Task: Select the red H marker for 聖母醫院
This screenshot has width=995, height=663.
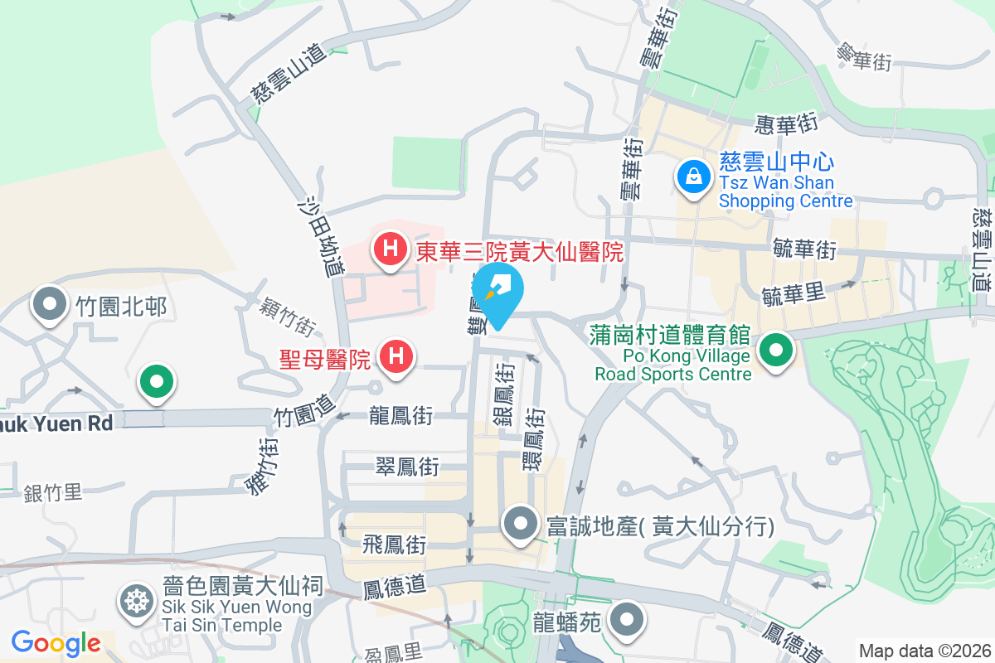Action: click(396, 358)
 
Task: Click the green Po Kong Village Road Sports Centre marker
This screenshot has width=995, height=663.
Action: click(775, 351)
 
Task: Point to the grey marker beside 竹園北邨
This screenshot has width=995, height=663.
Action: click(50, 306)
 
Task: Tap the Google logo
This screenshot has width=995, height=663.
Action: click(56, 642)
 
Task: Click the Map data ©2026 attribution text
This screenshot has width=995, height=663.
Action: click(925, 651)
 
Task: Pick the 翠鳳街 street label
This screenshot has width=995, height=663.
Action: click(406, 467)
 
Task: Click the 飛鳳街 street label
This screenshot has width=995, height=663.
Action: click(395, 544)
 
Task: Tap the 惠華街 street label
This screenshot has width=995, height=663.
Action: click(787, 124)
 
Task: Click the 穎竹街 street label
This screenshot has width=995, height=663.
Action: click(286, 317)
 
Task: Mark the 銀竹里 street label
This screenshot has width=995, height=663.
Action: click(52, 492)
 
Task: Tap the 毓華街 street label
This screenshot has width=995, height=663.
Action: click(803, 248)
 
